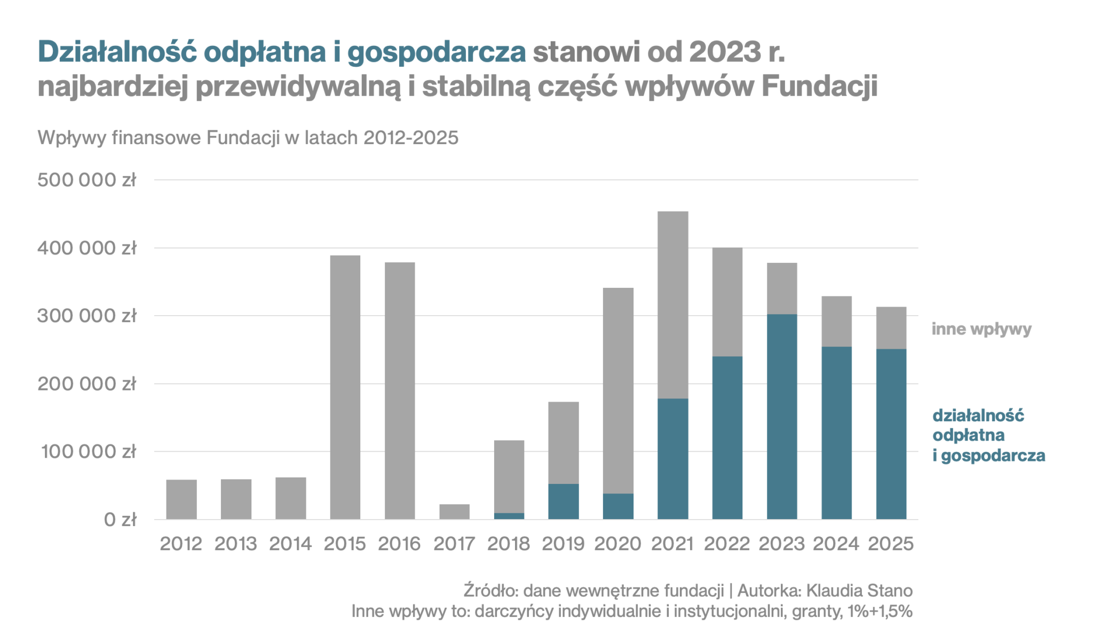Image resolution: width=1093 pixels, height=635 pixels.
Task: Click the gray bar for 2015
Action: [x=345, y=387]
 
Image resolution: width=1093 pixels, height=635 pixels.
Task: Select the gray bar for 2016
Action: [x=399, y=390]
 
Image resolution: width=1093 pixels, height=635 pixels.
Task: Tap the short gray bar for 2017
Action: [x=454, y=512]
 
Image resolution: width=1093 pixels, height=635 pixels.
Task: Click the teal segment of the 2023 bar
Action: [x=781, y=417]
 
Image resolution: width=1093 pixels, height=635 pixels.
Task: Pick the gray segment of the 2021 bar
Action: [x=672, y=305]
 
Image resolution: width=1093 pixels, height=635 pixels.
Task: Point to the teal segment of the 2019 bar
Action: [x=563, y=501]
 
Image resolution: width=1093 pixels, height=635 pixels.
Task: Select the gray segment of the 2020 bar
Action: [x=618, y=390]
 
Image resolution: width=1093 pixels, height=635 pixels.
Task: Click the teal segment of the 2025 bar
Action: [x=891, y=434]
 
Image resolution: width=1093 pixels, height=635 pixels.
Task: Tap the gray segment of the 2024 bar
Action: [x=836, y=322]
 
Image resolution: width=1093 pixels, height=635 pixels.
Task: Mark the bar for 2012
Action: [x=181, y=499]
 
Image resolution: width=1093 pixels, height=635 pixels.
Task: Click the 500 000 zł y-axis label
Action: [x=87, y=180]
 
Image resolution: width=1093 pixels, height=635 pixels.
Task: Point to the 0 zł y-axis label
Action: [x=120, y=519]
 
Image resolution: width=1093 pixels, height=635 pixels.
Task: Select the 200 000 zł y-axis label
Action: [x=87, y=383]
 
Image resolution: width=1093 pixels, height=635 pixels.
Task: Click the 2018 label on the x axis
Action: [x=508, y=544]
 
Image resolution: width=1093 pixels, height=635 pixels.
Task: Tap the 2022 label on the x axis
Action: [x=727, y=544]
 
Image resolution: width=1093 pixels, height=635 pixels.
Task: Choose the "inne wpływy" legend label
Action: [x=981, y=328]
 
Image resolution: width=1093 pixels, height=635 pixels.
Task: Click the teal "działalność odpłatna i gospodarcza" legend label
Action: [x=988, y=435]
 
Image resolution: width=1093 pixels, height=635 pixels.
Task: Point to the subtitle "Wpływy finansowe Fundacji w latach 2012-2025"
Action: [x=248, y=138]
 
